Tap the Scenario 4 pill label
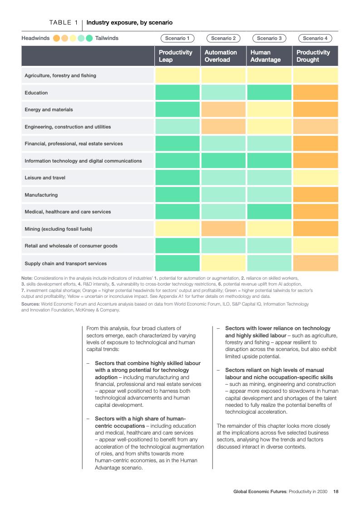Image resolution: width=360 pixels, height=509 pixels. pos(315,38)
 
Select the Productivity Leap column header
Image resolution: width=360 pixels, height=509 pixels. pos(177,56)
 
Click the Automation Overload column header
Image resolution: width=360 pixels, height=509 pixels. pos(223,56)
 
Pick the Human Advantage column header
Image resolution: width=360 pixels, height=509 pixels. pos(269,56)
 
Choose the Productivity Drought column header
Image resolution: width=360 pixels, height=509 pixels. pos(315,56)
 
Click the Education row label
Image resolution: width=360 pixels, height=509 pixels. pos(36,93)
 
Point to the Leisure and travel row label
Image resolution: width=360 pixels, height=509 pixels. pos(45,178)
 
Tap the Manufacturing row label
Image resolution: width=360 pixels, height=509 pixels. pos(41,195)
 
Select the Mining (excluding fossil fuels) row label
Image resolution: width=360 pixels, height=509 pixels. pos(58,229)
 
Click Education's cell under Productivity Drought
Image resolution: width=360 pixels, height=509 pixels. pos(315,93)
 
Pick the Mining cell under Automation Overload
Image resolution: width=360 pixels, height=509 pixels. pos(223,229)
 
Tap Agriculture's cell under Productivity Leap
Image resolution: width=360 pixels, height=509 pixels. pos(177,75)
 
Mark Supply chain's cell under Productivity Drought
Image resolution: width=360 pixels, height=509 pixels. pos(315,263)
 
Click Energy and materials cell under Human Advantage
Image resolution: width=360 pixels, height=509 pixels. pos(269,109)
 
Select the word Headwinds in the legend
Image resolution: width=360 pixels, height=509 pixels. pos(35,38)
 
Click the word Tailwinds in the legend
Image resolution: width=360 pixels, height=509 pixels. pos(107,38)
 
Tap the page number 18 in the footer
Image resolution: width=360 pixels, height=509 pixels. pos(336,491)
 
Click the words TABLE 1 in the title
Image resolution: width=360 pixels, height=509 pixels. pos(64,22)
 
